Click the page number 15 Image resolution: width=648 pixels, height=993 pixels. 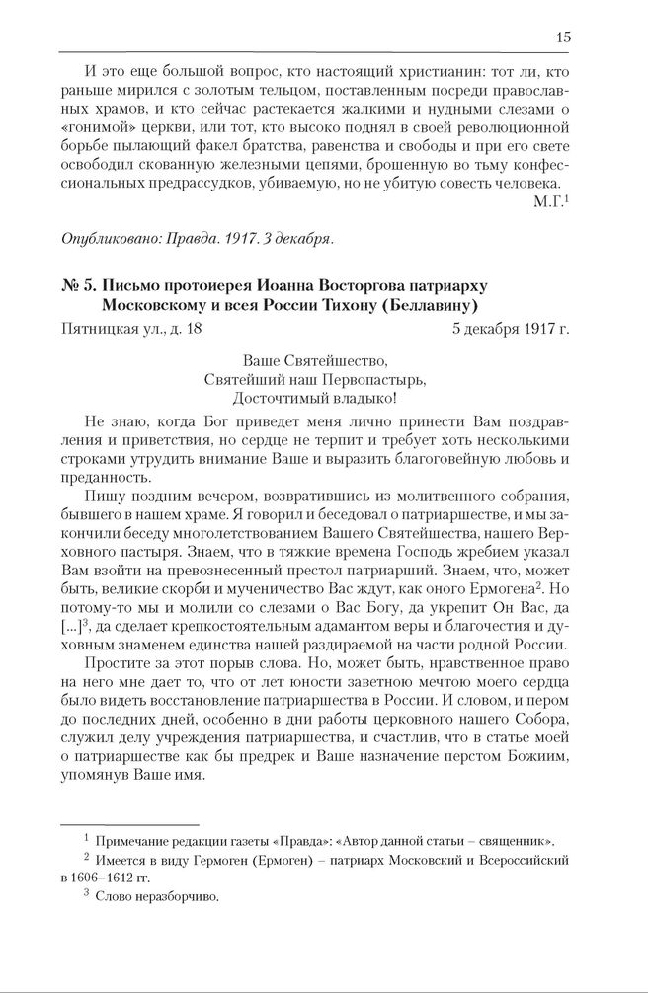[562, 38]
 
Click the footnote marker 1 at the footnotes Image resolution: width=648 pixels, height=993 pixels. [86, 840]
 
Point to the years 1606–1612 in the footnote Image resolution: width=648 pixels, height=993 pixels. [109, 878]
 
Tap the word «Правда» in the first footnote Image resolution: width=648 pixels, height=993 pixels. [287, 841]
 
